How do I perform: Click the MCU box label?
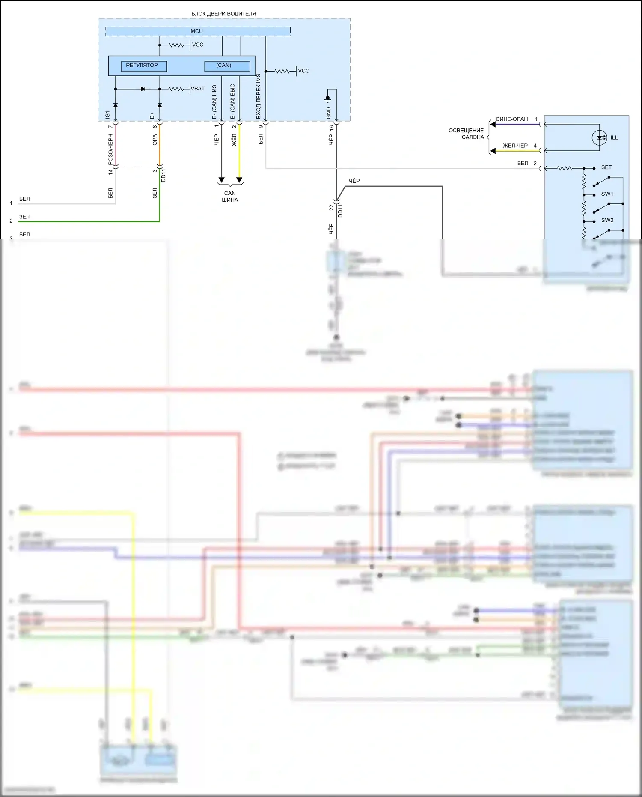pos(197,31)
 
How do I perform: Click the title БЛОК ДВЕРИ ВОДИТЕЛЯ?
pos(223,14)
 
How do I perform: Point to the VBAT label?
pos(198,89)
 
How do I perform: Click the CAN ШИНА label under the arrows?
pos(230,197)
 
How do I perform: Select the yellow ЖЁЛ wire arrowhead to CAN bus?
pos(239,179)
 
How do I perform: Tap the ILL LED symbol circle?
pos(599,137)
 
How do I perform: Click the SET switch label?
pos(606,167)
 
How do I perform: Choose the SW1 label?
pos(607,194)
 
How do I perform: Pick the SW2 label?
pos(607,220)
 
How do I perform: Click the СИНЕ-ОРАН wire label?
pos(511,119)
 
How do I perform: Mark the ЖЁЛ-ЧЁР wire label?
pos(515,146)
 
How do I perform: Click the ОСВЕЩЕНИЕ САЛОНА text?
pos(466,134)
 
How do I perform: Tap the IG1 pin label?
pos(108,115)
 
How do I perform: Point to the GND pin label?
pos(329,113)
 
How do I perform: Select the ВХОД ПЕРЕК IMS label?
pos(259,96)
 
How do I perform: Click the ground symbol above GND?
pos(328,99)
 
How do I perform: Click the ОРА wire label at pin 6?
pos(155,140)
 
